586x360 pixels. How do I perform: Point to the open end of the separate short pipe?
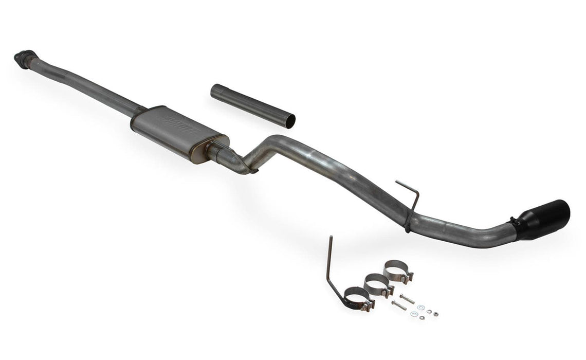pos(290,121)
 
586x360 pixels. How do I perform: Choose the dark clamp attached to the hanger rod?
pos(358,298)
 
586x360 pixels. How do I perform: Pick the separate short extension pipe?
pos(252,105)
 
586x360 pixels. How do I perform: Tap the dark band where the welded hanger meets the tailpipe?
pos(408,225)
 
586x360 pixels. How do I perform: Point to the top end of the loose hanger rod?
pos(331,238)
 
